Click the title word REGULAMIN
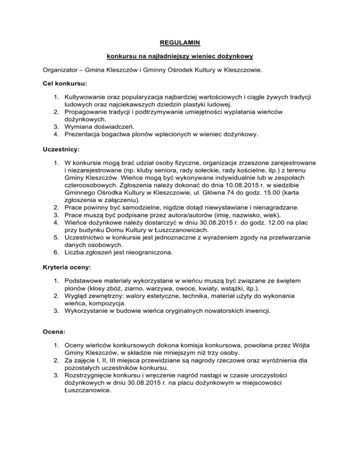[180, 43]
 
